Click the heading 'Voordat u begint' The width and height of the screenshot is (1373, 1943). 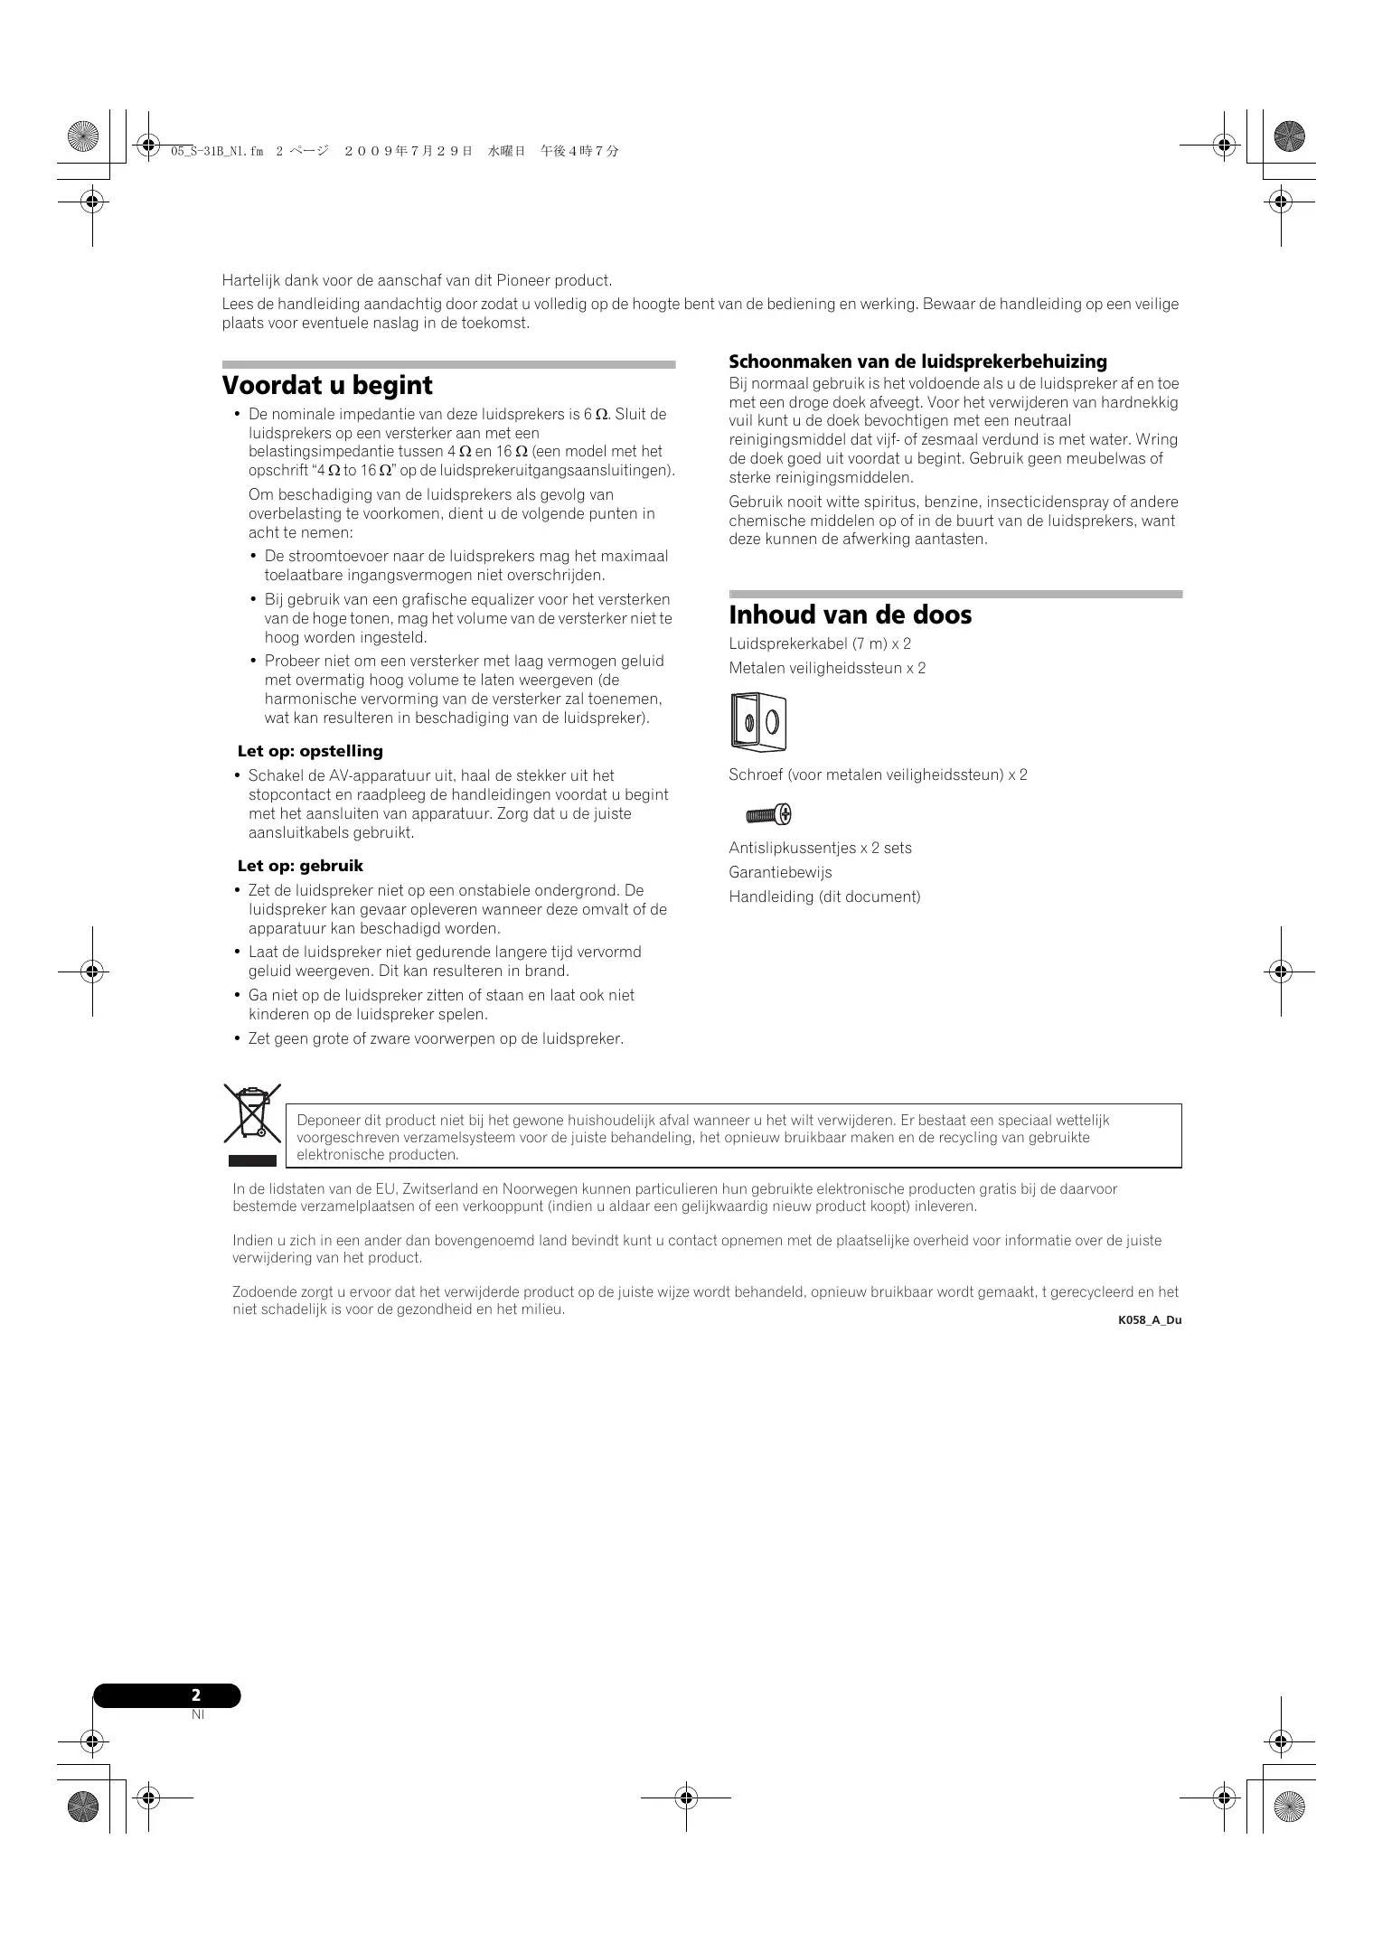click(x=327, y=386)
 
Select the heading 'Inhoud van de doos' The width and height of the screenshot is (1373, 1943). click(x=850, y=615)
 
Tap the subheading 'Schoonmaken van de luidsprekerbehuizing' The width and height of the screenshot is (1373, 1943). click(x=917, y=361)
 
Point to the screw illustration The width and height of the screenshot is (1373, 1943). click(x=768, y=815)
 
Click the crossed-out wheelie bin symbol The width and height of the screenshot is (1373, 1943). click(x=252, y=1114)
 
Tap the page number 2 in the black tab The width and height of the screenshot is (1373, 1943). click(x=196, y=1695)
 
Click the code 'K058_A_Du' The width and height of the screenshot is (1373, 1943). click(x=1149, y=1320)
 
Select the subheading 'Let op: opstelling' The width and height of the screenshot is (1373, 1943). click(x=310, y=751)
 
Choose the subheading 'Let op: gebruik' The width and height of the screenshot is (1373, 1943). click(x=300, y=866)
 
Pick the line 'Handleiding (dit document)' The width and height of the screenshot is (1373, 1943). click(x=824, y=896)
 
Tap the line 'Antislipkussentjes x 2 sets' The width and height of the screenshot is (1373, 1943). click(x=820, y=848)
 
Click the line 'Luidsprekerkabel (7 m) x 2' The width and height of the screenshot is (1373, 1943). click(x=820, y=643)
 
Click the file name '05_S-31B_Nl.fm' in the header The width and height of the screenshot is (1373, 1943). click(x=217, y=152)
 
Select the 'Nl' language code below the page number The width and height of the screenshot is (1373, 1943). click(x=198, y=1714)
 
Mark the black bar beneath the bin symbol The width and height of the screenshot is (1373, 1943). click(x=252, y=1159)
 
